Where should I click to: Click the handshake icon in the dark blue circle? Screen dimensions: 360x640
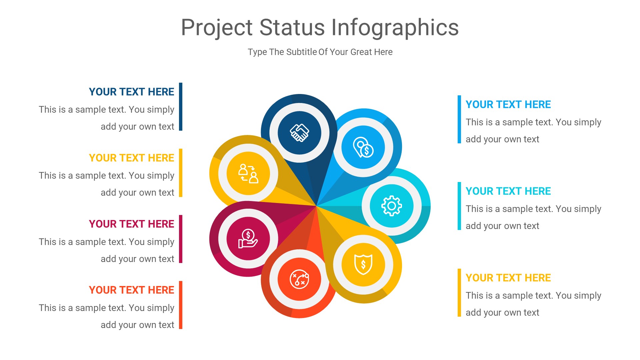tap(299, 133)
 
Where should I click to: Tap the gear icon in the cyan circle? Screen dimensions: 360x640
tap(392, 206)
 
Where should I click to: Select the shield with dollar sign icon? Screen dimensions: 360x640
tap(363, 265)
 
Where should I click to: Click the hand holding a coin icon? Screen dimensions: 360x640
tap(248, 239)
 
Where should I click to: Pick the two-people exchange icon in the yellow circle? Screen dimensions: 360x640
tap(248, 173)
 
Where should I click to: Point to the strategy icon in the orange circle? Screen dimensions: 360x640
tap(299, 279)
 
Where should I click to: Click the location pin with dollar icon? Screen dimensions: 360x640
tap(363, 147)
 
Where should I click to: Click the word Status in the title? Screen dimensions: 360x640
tap(292, 27)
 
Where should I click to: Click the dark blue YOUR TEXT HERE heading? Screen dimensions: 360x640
tap(131, 92)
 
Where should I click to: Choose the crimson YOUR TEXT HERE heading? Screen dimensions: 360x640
tap(131, 224)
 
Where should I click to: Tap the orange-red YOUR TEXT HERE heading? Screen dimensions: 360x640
tap(131, 290)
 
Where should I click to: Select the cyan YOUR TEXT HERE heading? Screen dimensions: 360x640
tap(508, 191)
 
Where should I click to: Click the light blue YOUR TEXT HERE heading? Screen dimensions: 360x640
tap(508, 104)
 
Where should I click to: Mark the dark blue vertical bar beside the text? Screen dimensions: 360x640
tap(181, 107)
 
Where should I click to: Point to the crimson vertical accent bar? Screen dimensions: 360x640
tap(181, 239)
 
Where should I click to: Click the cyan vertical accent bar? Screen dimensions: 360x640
tap(459, 206)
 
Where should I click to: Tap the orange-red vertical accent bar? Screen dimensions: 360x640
tap(181, 305)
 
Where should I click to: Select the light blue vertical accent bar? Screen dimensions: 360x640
tap(459, 119)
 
